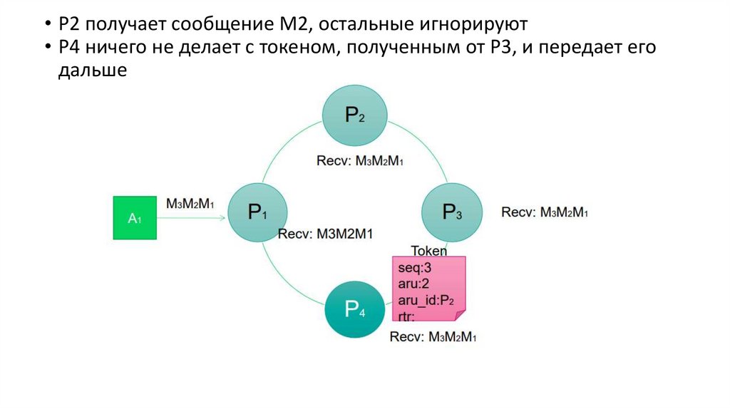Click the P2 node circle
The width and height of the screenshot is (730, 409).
point(355,115)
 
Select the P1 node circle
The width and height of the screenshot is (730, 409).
point(257,212)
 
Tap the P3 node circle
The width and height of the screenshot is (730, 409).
point(452,212)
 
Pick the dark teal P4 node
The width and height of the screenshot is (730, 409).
point(355,309)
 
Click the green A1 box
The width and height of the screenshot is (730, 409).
point(135,218)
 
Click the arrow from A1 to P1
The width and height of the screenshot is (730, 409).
point(192,219)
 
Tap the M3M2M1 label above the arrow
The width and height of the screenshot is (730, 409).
point(190,203)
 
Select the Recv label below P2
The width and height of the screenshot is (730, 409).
point(360,160)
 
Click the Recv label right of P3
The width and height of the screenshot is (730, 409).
point(545,212)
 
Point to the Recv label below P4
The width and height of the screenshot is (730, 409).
point(433,336)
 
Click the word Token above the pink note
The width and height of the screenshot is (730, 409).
point(429,250)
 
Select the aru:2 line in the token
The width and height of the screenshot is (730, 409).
point(411,283)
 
